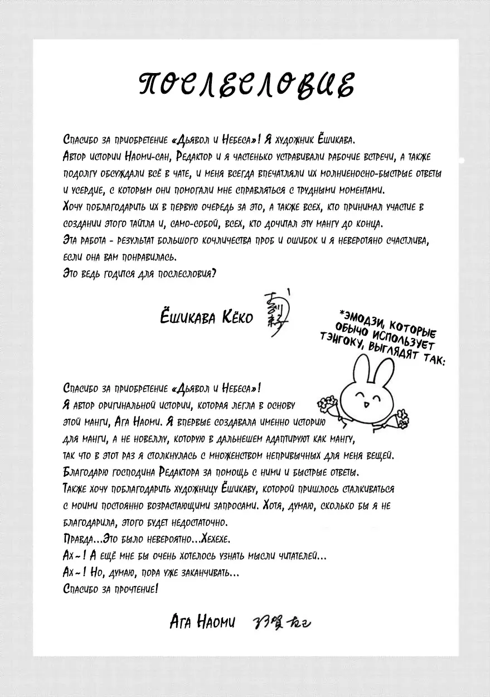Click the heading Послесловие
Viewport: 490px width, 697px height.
[245, 85]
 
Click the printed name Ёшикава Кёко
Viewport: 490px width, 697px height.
[206, 317]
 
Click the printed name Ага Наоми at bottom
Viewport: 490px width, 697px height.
[203, 621]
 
